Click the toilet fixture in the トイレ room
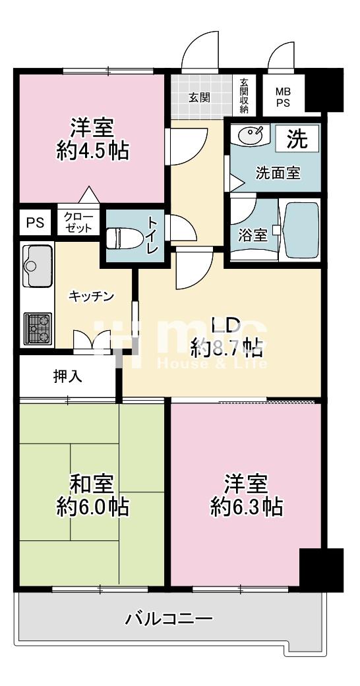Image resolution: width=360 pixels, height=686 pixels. coord(125,238)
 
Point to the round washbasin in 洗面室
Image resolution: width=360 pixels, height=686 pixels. coord(249,134)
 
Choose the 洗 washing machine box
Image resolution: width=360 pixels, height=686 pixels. coord(297,139)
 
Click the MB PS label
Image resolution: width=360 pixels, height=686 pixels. coord(283,98)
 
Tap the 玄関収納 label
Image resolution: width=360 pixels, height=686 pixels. coord(243,96)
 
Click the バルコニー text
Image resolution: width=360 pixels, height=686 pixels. coord(169,618)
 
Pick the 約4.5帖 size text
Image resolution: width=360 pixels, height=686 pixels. coord(92,151)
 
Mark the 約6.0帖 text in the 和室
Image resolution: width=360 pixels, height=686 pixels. coord(92,507)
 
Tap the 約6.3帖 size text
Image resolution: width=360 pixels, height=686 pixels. coord(246,507)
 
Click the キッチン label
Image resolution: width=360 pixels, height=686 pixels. coord(91,297)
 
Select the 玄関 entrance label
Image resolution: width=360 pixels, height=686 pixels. coord(199,97)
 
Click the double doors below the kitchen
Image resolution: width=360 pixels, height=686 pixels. coord(92,341)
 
